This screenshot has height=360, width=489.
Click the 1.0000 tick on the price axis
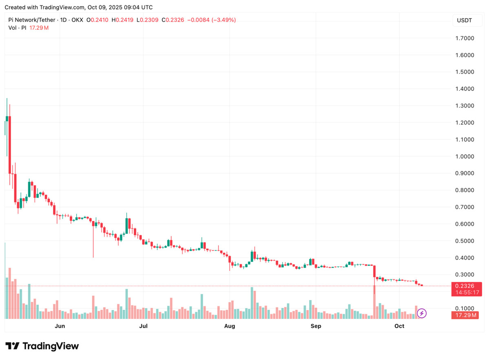[x=465, y=156]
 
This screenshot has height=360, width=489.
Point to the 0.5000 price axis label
[x=465, y=241]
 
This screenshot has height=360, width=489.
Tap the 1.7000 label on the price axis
[x=465, y=38]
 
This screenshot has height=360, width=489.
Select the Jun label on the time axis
[x=60, y=326]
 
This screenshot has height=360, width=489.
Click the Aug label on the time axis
[x=230, y=326]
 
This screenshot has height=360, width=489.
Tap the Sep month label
[x=315, y=326]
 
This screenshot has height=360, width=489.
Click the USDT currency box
[x=465, y=20]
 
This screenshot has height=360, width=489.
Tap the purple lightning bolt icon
[x=422, y=313]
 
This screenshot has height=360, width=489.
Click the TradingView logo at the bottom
[x=42, y=346]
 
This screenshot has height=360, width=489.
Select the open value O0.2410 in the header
[x=97, y=20]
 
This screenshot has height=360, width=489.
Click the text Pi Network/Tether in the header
[x=33, y=20]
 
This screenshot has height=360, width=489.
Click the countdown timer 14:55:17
[x=468, y=292]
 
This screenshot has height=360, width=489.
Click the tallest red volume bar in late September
[x=374, y=301]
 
